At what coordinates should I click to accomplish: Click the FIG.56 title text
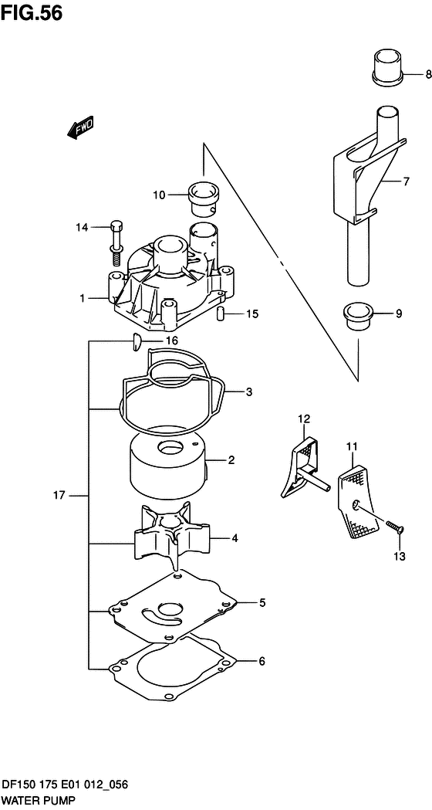[x=32, y=13]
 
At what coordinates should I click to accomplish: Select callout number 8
[x=428, y=75]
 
